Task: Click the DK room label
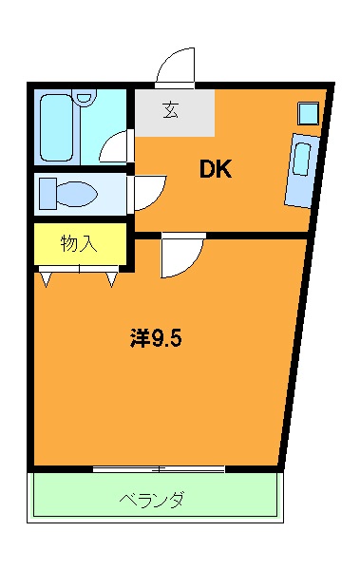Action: pyautogui.click(x=216, y=171)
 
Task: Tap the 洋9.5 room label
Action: pyautogui.click(x=155, y=337)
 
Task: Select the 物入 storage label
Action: pyautogui.click(x=79, y=243)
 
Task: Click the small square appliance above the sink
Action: pyautogui.click(x=309, y=112)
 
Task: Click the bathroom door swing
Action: pyautogui.click(x=115, y=147)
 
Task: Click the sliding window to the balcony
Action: pyautogui.click(x=159, y=468)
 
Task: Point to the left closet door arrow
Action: pyautogui.click(x=46, y=278)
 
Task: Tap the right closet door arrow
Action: pyautogui.click(x=113, y=278)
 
